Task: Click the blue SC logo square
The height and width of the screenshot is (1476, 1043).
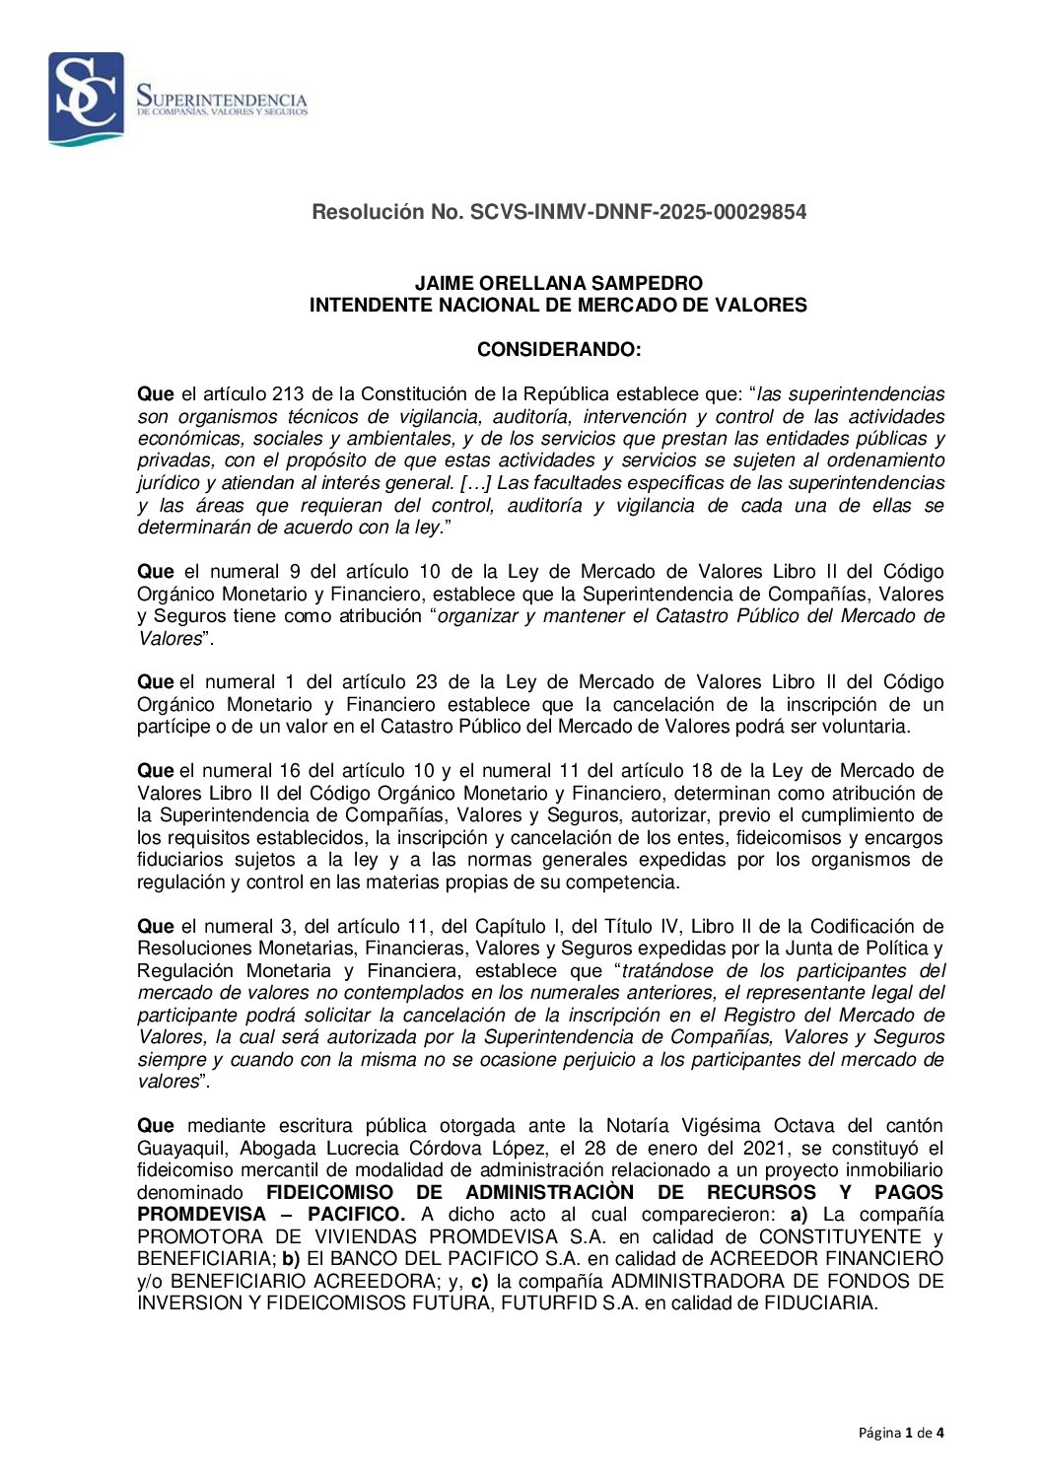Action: click(x=87, y=98)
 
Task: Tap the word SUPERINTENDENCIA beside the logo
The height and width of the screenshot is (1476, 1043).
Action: click(x=222, y=99)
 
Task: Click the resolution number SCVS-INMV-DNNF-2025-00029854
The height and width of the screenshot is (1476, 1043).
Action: click(x=638, y=212)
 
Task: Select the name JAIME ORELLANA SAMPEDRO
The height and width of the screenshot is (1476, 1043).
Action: click(x=558, y=284)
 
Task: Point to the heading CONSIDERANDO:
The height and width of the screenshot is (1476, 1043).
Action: click(x=558, y=350)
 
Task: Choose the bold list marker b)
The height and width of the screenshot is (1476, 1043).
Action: click(x=291, y=1259)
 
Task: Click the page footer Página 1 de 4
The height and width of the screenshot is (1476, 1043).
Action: click(x=901, y=1434)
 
